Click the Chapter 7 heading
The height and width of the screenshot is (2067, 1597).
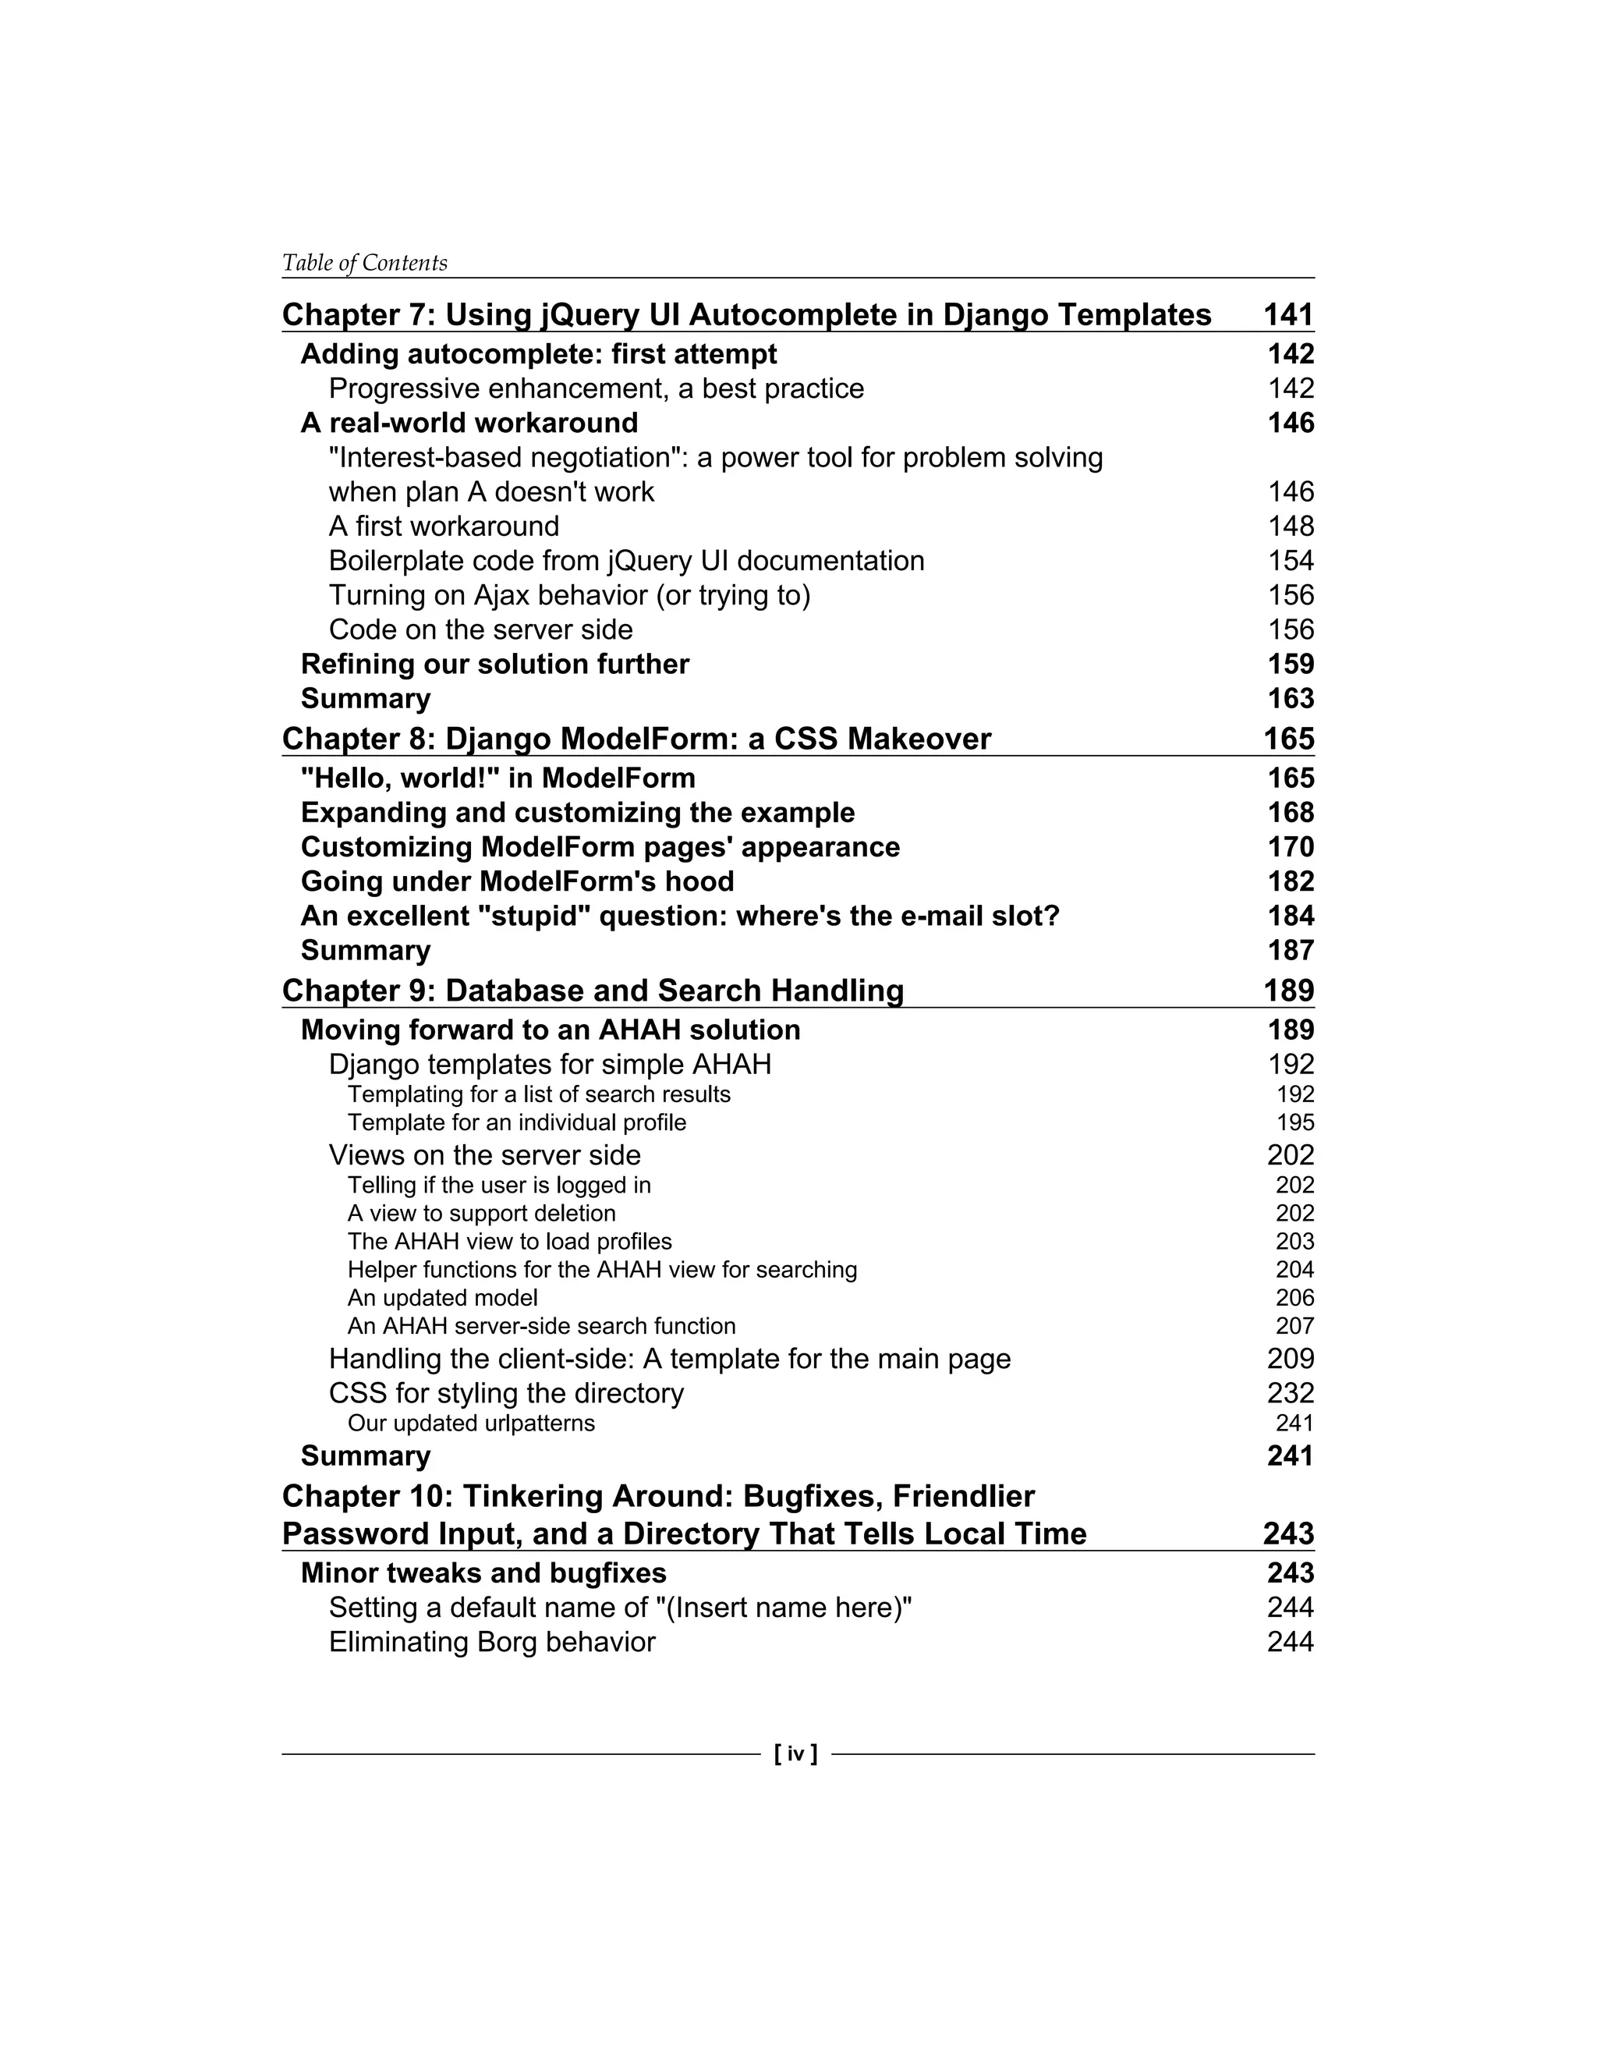point(746,314)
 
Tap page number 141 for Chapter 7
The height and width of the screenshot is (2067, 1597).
point(1288,314)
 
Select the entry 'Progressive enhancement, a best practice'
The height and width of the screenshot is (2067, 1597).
point(596,389)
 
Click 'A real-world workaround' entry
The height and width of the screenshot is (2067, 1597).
point(469,423)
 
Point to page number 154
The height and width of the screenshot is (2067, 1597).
point(1291,562)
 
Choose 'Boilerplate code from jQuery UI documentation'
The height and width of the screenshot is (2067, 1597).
point(626,562)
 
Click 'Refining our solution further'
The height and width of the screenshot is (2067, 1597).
point(495,665)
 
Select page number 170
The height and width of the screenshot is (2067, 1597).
point(1291,847)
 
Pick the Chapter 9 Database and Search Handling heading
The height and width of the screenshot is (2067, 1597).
point(593,990)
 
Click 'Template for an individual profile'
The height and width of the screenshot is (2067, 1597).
point(516,1122)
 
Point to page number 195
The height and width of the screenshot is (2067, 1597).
point(1295,1122)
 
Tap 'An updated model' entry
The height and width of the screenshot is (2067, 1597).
point(443,1298)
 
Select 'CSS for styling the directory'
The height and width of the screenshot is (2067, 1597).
point(506,1393)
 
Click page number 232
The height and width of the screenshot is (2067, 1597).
point(1291,1393)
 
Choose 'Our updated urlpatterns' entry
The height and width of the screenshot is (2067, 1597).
point(471,1423)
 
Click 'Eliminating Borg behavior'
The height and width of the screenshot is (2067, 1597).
point(492,1642)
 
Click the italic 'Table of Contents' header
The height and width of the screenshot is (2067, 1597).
point(364,263)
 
